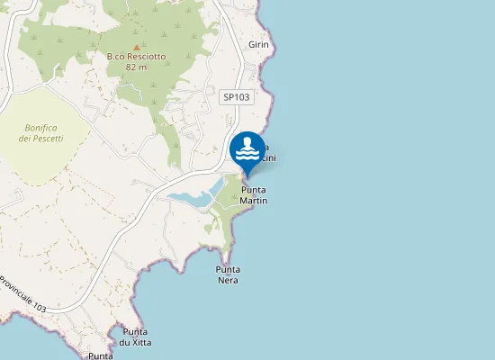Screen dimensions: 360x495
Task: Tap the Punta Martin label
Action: [x=254, y=195]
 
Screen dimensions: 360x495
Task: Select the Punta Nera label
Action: [x=229, y=274]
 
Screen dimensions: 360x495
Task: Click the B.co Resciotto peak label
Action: [x=136, y=57]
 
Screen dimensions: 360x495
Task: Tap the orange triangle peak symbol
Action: [x=136, y=47]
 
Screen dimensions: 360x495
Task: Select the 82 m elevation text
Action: [x=136, y=67]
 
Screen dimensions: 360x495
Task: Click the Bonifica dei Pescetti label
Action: [x=42, y=133]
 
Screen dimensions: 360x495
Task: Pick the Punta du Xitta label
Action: [x=135, y=337]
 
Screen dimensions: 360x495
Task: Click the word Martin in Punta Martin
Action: [x=254, y=201]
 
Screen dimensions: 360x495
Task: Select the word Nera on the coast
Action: [x=229, y=280]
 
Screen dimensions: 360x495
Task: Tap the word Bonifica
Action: [x=42, y=128]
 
